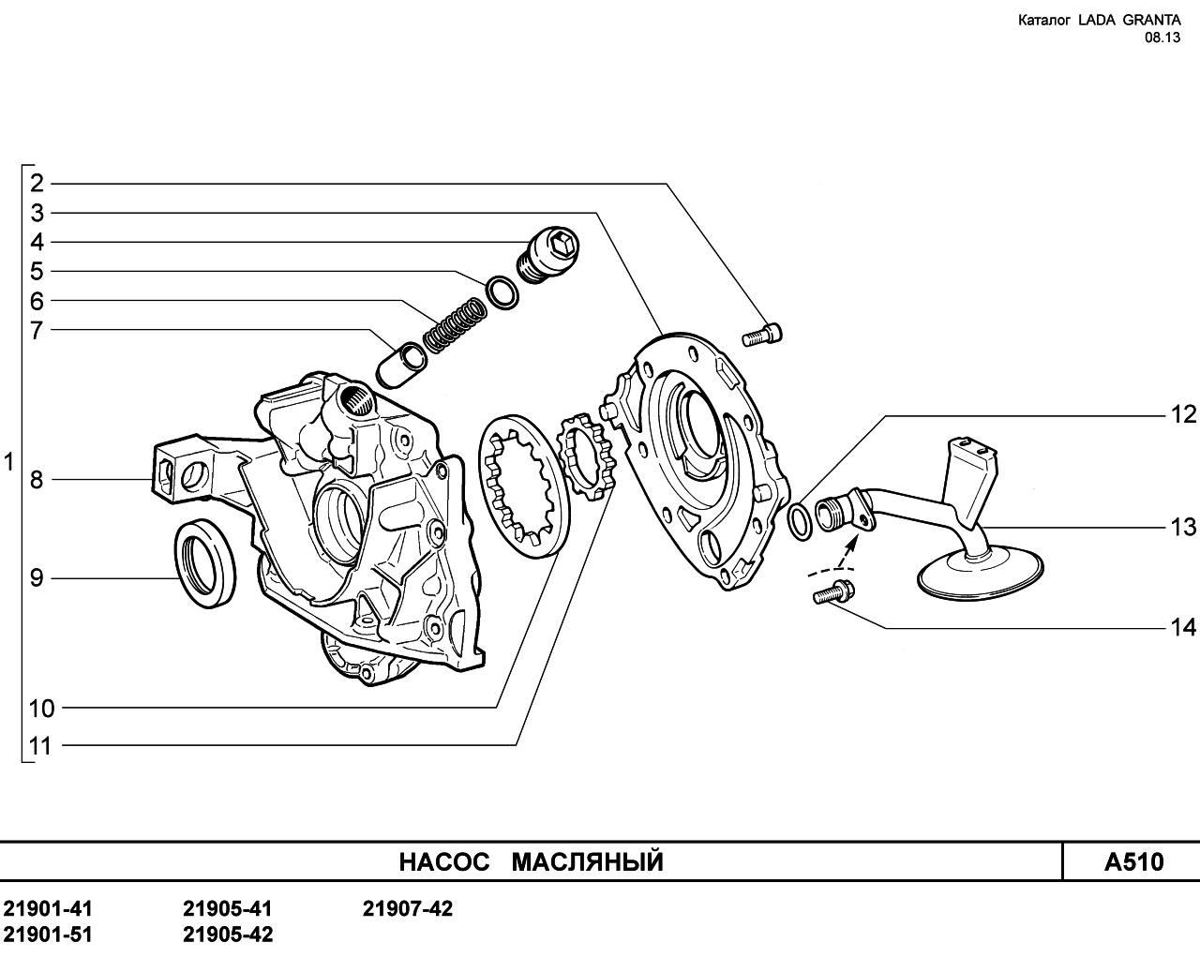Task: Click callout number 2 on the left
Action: pyautogui.click(x=37, y=184)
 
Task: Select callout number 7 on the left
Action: pyautogui.click(x=37, y=331)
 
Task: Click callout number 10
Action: pyautogui.click(x=42, y=709)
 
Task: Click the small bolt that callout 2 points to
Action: pyautogui.click(x=762, y=336)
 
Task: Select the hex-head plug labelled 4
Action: pyautogui.click(x=549, y=256)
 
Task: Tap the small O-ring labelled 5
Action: pyautogui.click(x=502, y=292)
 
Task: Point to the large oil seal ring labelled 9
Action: pyautogui.click(x=205, y=562)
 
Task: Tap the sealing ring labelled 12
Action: pyautogui.click(x=801, y=521)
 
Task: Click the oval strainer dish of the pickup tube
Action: pyautogui.click(x=981, y=575)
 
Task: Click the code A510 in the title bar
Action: pyautogui.click(x=1134, y=861)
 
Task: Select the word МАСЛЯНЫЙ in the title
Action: pyautogui.click(x=588, y=861)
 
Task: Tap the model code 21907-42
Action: pyautogui.click(x=408, y=908)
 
